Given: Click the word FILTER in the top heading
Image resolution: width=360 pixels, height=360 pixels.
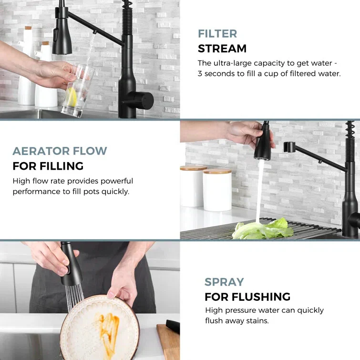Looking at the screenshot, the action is [x=217, y=34].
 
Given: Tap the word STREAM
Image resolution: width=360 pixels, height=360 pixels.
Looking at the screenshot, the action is [x=222, y=49].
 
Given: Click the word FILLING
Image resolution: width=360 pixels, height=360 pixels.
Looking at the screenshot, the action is [x=62, y=166].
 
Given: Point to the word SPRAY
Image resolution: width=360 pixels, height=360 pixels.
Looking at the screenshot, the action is [x=224, y=282].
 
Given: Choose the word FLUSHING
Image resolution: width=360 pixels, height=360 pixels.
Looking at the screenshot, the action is [x=261, y=297].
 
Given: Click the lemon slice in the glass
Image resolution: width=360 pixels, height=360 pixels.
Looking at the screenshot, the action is [x=72, y=97].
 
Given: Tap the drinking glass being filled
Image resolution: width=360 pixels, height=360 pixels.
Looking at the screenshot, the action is [x=78, y=90].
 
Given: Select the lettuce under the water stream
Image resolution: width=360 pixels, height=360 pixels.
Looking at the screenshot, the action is [x=263, y=229].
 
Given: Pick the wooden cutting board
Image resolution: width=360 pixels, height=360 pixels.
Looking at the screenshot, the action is [x=168, y=342].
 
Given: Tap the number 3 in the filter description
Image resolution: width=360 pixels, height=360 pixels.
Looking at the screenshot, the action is [x=200, y=74].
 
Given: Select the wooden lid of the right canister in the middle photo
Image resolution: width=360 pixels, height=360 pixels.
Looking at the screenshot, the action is [x=217, y=171].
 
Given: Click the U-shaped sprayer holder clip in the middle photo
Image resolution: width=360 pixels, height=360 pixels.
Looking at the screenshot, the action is [x=289, y=147].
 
